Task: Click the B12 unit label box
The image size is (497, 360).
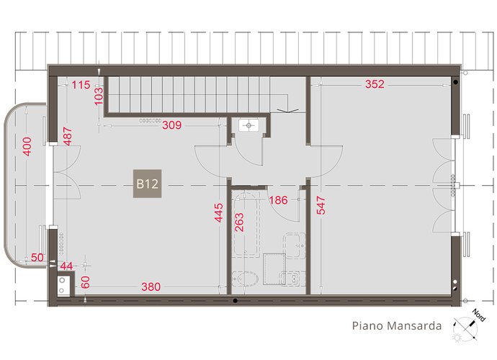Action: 147,184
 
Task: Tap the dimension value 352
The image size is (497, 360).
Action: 375,84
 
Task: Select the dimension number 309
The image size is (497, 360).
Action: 171,125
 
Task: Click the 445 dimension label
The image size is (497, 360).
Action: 218,214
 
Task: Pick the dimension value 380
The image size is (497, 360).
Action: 151,287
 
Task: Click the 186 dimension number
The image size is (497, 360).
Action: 279,200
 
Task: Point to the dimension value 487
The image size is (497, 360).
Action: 67,136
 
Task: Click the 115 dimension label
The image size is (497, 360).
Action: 81,85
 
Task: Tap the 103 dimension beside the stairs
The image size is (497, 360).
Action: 99,94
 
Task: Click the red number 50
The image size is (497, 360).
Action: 37,258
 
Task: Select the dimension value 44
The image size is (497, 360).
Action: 66,267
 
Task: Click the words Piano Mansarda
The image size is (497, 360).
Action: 396,325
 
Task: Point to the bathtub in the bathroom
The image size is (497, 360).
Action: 249,225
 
